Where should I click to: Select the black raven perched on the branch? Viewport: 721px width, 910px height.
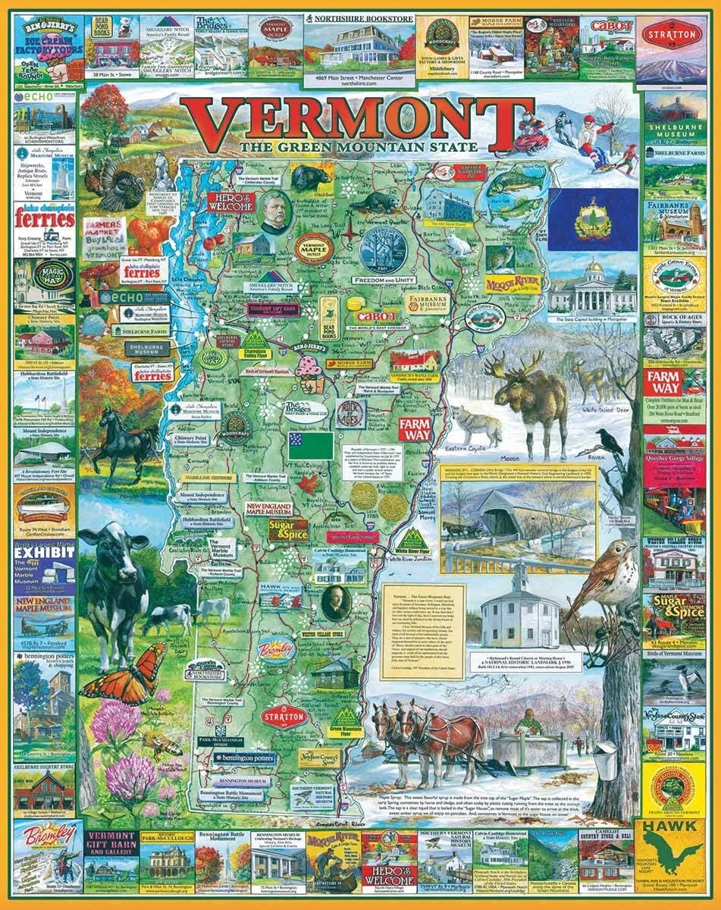[609, 441]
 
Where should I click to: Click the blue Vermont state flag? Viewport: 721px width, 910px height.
[593, 220]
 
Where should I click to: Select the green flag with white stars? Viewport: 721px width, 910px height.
[310, 446]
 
